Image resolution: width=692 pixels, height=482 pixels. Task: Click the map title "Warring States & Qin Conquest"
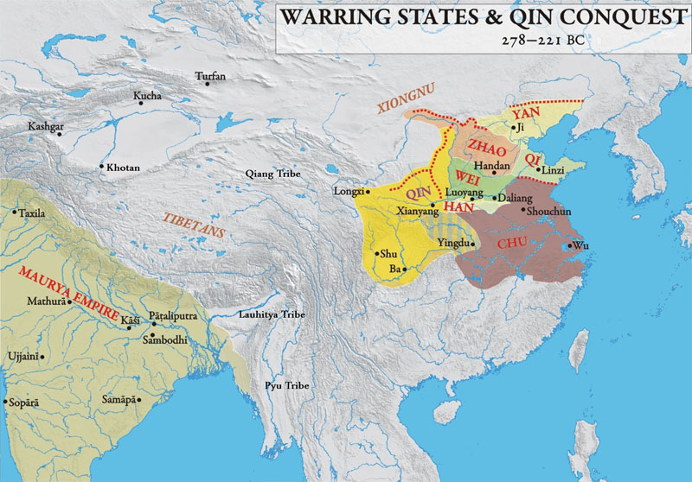point(482,17)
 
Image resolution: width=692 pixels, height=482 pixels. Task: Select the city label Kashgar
point(46,126)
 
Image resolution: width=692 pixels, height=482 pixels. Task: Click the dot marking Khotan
point(102,167)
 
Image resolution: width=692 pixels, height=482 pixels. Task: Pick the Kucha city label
point(147,96)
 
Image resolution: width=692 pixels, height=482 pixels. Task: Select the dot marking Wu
point(568,246)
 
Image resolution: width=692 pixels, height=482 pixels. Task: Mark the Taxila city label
point(33,212)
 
